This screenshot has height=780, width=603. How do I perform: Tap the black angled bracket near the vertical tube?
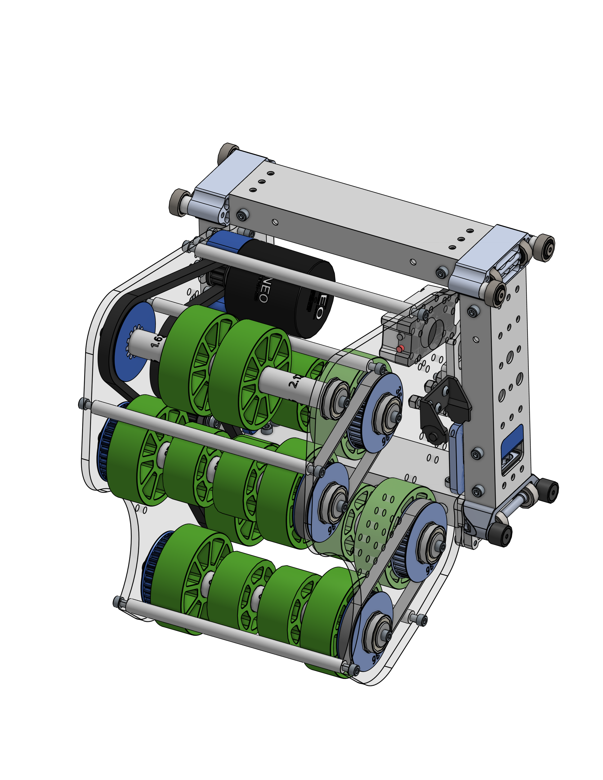[x=445, y=405]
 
